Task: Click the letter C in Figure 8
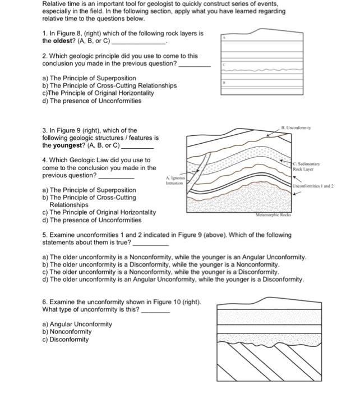pos(224,65)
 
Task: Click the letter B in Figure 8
pos(224,82)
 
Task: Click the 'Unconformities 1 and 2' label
pos(313,186)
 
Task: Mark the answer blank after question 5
pos(150,243)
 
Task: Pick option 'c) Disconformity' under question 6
pos(65,340)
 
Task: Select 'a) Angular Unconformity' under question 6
pos(77,324)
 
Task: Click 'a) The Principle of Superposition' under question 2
pos(89,78)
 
